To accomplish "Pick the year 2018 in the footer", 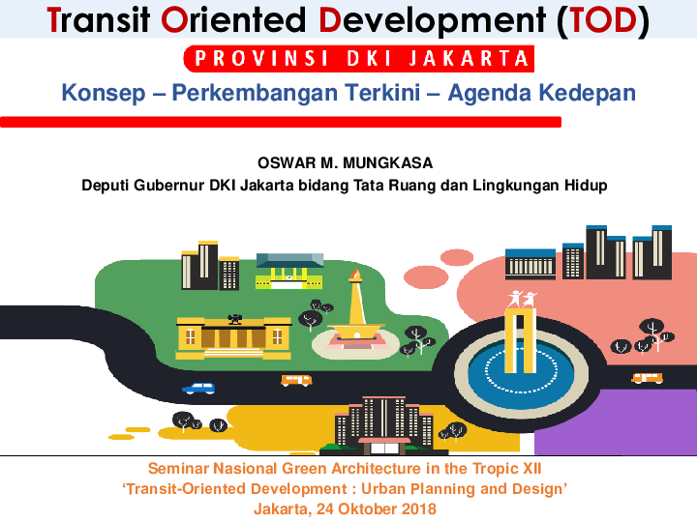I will (417, 508).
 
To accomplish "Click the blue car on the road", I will (199, 388).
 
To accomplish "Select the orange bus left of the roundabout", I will (296, 380).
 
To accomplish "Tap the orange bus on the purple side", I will (647, 378).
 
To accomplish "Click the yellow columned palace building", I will (232, 334).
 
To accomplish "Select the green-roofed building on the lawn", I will (288, 269).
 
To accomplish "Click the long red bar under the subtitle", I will (281, 123).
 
